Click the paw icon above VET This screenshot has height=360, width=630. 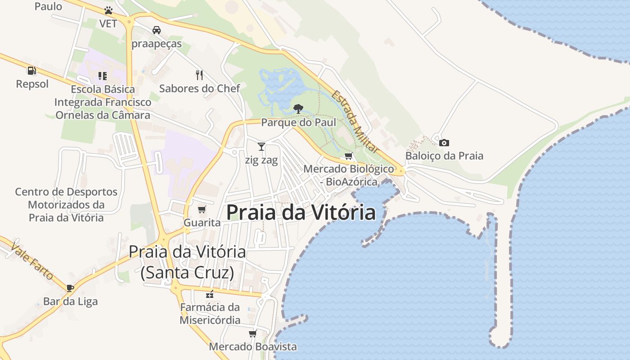coord(108,10)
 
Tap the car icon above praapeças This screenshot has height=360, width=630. coord(157,30)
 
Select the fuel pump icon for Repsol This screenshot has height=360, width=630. coord(31,70)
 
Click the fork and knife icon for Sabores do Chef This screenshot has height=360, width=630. coord(199,75)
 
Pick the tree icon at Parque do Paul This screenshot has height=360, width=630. coord(298,108)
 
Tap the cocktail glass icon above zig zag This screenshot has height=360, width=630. coord(261,146)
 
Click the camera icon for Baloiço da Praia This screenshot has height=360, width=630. coord(444,143)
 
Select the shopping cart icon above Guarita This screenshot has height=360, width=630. coord(202,209)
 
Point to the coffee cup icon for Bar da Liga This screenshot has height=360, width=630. coord(70,288)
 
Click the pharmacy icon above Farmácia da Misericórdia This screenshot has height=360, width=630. coord(209,294)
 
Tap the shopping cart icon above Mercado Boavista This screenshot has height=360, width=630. coord(253,333)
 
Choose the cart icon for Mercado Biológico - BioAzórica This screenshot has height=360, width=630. coord(348,156)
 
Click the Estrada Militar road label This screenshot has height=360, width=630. coord(355,121)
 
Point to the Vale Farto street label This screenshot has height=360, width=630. coord(32,261)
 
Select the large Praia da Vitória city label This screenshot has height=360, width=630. coord(301,212)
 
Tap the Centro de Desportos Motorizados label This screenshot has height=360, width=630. coord(66,205)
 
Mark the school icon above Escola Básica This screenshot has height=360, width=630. coord(103,76)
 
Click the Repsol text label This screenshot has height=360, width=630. coord(32,84)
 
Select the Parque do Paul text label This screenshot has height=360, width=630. coord(299,122)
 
